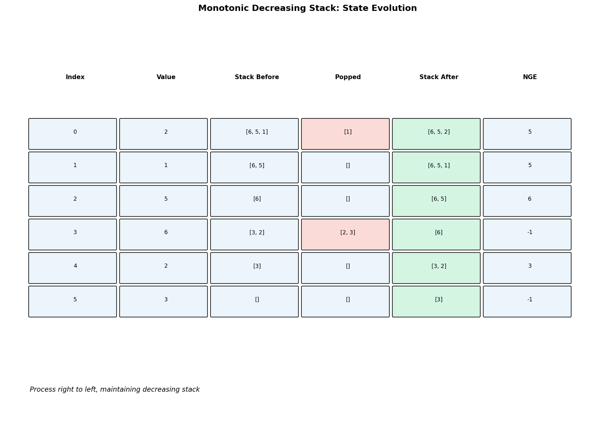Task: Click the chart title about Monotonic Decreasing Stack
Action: tap(307, 8)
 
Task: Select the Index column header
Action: tap(75, 77)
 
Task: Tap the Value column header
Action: tap(166, 77)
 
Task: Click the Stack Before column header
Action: tap(257, 77)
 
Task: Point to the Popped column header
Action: tap(348, 77)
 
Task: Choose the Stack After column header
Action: tap(439, 77)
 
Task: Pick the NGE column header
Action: tap(530, 77)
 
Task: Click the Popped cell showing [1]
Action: tap(345, 134)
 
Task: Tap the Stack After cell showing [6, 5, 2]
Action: tap(436, 134)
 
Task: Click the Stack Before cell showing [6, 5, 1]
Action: tap(255, 134)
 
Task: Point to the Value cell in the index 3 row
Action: tap(164, 234)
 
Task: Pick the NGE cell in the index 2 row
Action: tap(527, 201)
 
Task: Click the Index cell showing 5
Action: tap(73, 302)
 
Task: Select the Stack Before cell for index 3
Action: tap(255, 234)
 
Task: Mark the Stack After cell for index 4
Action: tap(436, 268)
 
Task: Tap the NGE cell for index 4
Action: tap(527, 268)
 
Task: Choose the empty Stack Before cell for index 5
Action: tap(255, 302)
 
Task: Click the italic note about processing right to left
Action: tap(115, 390)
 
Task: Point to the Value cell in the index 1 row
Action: tap(164, 167)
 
